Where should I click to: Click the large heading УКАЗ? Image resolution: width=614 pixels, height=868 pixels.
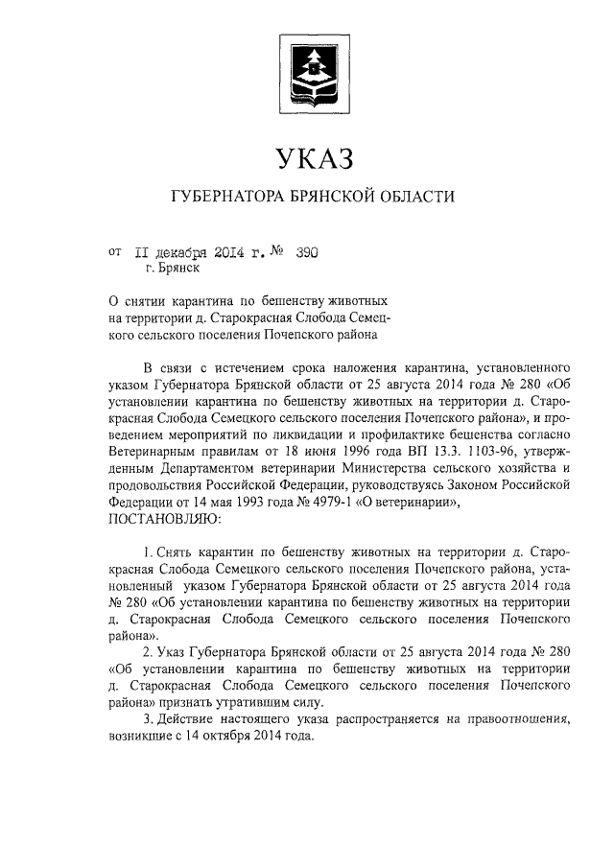pyautogui.click(x=307, y=157)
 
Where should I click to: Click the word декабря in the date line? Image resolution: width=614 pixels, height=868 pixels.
pyautogui.click(x=185, y=252)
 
